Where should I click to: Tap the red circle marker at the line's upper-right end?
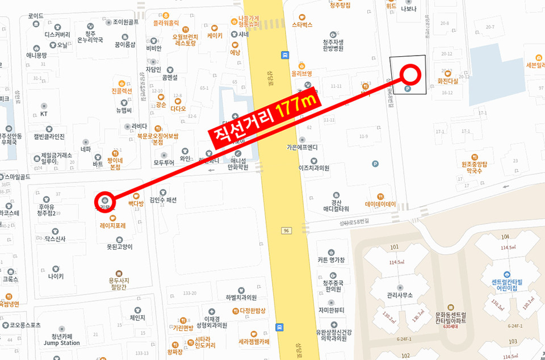410,74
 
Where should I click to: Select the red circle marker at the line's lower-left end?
106,200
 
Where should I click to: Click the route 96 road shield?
286,231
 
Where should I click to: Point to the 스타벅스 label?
302,25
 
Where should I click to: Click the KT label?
44,114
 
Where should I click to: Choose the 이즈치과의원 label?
314,168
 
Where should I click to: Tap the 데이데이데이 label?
380,204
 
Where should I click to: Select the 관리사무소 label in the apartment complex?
400,295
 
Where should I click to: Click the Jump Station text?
62,343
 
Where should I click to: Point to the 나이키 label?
56,277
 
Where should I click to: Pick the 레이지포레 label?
112,225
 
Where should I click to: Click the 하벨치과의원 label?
241,297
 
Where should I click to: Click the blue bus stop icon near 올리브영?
284,55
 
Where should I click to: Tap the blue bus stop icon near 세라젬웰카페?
279,327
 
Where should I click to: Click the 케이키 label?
215,35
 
